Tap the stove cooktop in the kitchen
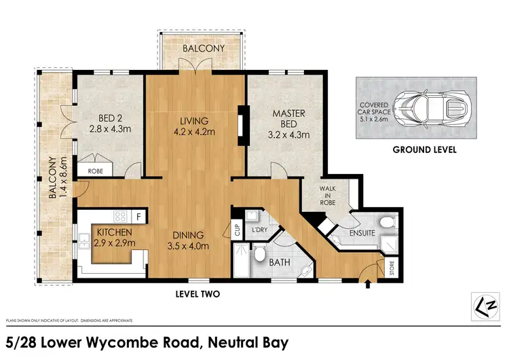[x=121, y=218]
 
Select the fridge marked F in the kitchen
[x=138, y=218]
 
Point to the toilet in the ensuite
[x=388, y=221]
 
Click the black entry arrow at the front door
[x=368, y=283]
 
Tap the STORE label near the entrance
[x=392, y=265]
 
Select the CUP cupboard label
[x=238, y=229]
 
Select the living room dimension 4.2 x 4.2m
[x=195, y=132]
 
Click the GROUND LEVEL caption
[x=424, y=149]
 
